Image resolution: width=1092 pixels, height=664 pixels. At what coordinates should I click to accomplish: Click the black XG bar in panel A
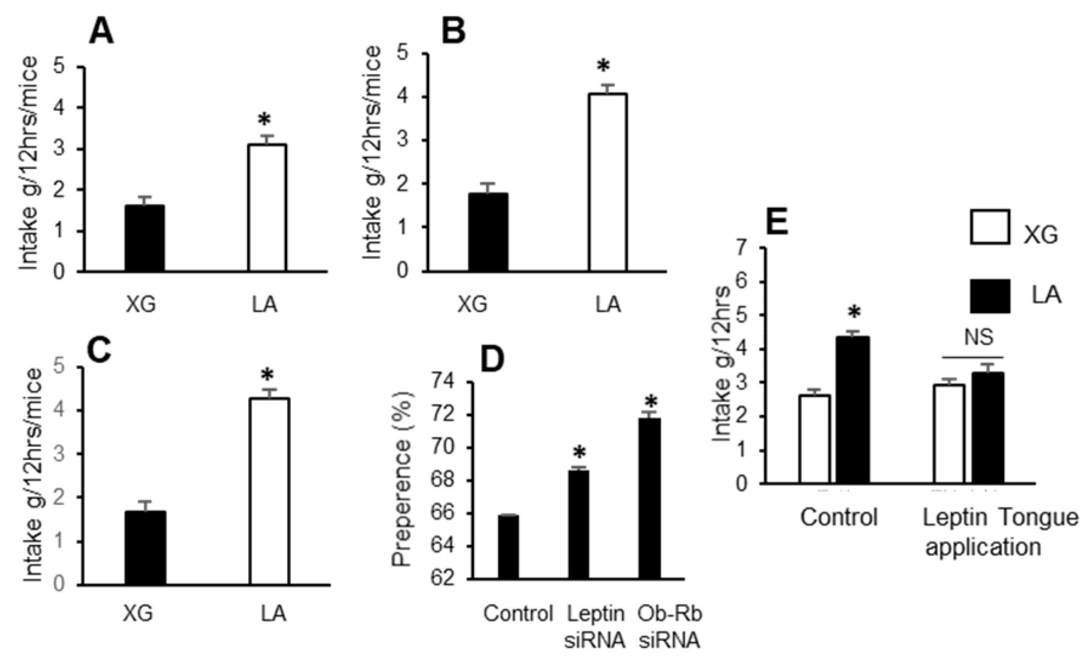coord(144,238)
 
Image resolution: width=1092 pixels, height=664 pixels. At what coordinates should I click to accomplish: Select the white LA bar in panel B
coord(607,182)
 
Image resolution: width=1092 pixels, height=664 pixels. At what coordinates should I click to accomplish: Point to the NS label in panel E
coord(979,338)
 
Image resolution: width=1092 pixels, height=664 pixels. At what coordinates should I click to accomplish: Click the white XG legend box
coord(990,227)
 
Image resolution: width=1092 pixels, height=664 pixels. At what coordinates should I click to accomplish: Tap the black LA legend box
coord(990,296)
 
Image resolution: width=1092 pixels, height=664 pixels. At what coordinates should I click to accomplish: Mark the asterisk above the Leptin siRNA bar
coord(579,453)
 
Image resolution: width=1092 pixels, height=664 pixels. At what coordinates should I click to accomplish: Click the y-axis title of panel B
coord(373,153)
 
